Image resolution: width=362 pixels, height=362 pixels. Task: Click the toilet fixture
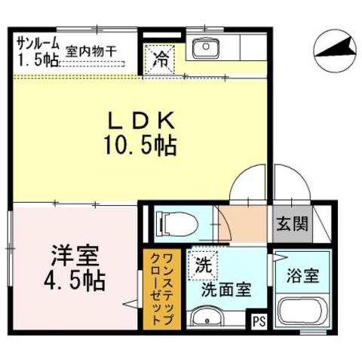click(x=173, y=223)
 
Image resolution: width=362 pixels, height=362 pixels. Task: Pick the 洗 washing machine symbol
click(x=201, y=265)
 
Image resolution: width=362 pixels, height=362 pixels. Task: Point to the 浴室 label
click(x=302, y=275)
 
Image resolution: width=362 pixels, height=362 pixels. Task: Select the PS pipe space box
click(x=259, y=320)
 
